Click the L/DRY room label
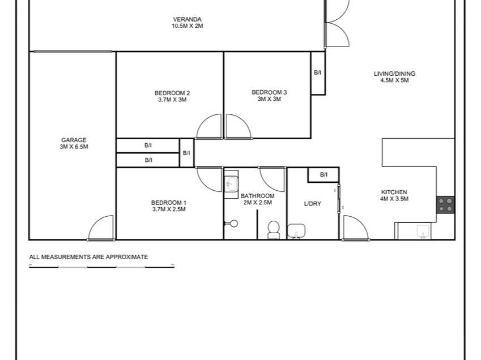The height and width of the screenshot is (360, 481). (313, 204)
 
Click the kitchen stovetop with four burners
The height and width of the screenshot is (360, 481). (445, 205)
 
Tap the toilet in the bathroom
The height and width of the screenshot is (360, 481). (273, 230)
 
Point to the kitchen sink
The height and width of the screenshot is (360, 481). (423, 231)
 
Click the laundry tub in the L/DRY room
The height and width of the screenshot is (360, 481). (296, 231)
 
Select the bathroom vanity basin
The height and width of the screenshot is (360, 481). (231, 184)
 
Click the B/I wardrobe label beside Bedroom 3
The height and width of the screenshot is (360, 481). (318, 72)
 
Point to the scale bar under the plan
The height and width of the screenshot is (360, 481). (101, 267)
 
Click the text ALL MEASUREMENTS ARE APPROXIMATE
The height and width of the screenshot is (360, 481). (88, 257)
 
